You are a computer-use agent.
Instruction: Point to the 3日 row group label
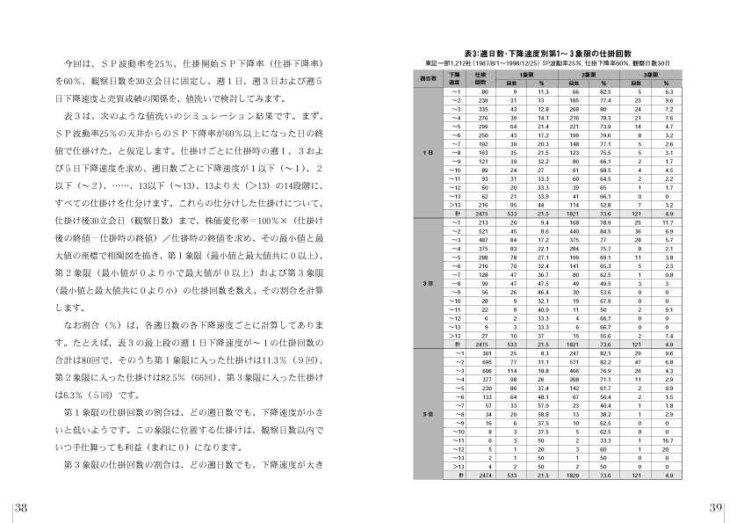430,282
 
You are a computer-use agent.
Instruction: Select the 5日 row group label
430,412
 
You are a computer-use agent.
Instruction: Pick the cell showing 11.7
668,222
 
